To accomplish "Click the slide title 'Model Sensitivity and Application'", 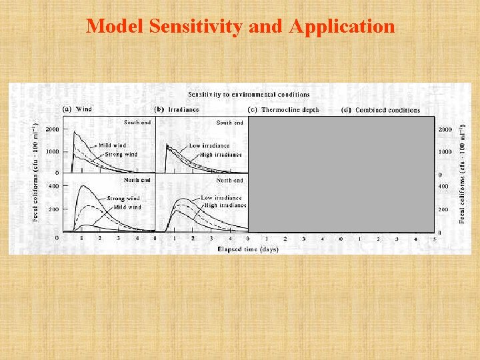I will (x=240, y=27).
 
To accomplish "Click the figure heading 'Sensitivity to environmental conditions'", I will (x=248, y=95).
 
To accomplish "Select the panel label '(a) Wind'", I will (x=77, y=109).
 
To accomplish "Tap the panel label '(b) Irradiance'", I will (x=177, y=109).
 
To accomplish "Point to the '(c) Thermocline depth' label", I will (x=283, y=110).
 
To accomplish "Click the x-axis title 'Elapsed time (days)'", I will (x=247, y=249).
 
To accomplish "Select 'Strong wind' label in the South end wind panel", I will (x=121, y=154).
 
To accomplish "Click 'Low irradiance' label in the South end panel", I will (x=209, y=145).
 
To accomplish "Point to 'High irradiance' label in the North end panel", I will (x=220, y=206).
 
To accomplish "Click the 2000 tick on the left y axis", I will (x=52, y=129).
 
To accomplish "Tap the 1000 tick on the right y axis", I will (x=444, y=152).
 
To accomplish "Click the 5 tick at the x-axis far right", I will (x=433, y=239).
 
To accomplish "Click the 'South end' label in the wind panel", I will (x=137, y=123).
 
